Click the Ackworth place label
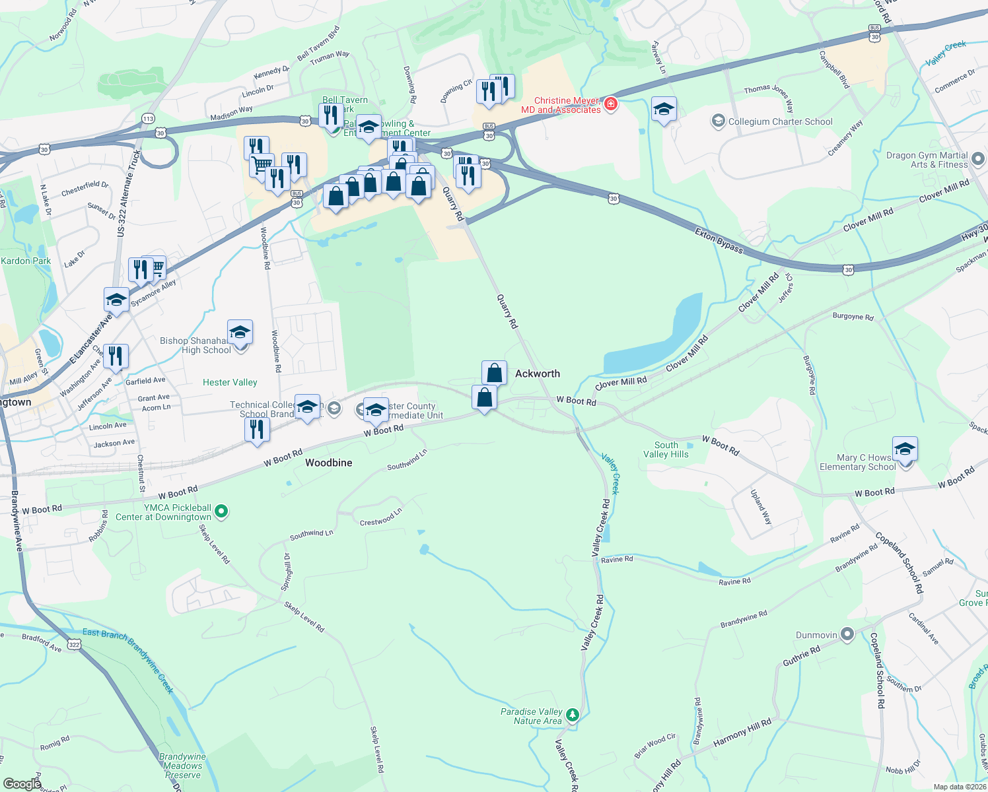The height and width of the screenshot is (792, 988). tap(537, 374)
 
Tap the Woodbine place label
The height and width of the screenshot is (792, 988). tap(328, 463)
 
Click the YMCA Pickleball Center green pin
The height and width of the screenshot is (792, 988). tap(222, 511)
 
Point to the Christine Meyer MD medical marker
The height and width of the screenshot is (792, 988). tap(611, 104)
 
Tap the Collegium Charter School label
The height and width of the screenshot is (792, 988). tap(780, 121)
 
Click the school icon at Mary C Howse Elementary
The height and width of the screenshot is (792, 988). tap(904, 449)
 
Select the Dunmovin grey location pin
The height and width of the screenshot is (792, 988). tap(847, 635)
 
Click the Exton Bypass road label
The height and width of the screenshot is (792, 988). tap(719, 240)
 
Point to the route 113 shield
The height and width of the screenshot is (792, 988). tap(148, 119)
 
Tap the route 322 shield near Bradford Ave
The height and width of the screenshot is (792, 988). tap(74, 645)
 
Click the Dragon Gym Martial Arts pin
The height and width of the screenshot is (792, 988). tap(978, 159)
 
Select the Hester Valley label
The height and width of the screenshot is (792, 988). tap(230, 382)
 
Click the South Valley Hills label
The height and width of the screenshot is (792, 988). tap(666, 449)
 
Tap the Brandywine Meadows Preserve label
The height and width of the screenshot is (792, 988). tap(182, 766)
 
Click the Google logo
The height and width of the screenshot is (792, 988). tap(22, 783)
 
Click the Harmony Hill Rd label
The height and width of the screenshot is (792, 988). tap(742, 733)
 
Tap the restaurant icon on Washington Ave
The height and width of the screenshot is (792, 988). tap(116, 356)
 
